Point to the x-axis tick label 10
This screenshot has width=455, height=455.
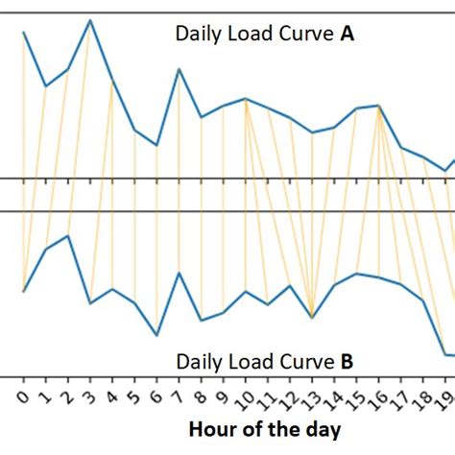point(245,395)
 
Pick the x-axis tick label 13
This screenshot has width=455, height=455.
point(312,395)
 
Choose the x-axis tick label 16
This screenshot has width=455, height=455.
point(379,395)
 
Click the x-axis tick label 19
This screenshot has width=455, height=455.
point(445,395)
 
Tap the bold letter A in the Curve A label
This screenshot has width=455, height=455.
point(347,34)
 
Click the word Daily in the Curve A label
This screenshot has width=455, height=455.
point(196,35)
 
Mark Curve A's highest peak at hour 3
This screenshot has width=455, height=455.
point(90,19)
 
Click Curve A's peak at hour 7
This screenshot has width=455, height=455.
point(180,69)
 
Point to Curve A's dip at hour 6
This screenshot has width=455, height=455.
point(156,145)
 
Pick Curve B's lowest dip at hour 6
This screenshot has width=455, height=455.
point(156,336)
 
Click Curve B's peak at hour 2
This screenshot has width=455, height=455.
point(68,235)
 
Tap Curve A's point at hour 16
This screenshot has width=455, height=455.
point(380,106)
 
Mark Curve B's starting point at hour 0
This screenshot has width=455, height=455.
point(23,291)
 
